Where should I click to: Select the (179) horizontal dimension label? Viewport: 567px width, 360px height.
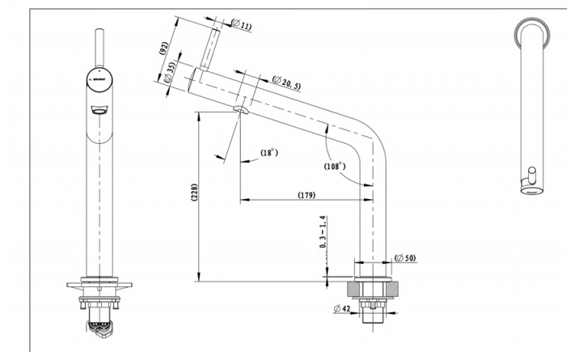tap(307, 195)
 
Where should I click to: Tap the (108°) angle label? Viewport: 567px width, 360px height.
tap(334, 165)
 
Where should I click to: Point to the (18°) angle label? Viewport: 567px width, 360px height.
tap(269, 153)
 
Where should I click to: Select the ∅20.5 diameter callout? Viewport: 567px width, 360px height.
tap(287, 82)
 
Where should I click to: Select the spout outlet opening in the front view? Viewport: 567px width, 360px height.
tap(99, 112)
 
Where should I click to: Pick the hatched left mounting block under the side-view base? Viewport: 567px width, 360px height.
tap(353, 289)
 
